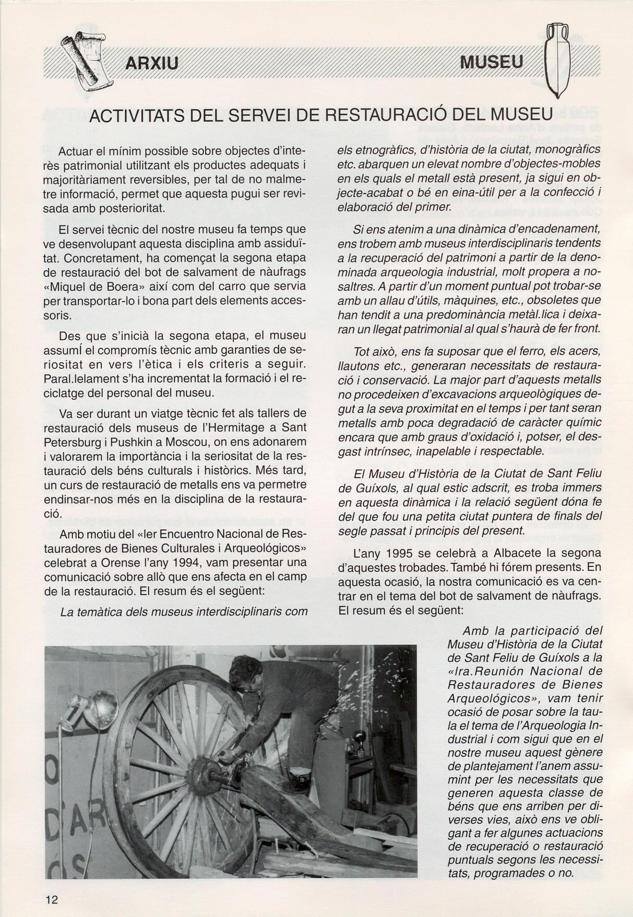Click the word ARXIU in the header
(x=152, y=64)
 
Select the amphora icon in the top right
(x=557, y=62)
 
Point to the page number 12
(x=52, y=899)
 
